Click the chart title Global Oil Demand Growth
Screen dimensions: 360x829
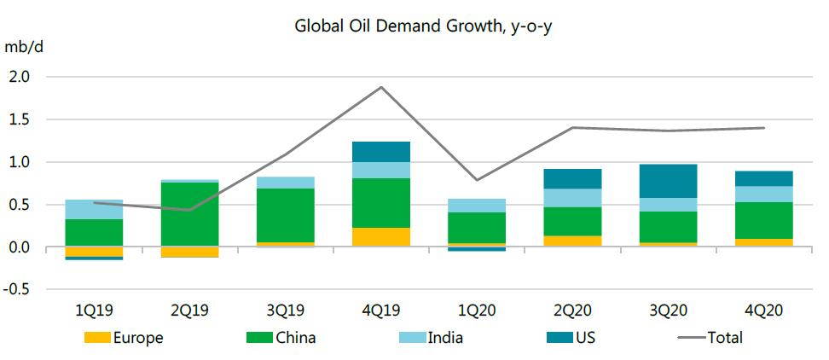(425, 26)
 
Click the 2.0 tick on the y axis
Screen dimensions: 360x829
(20, 77)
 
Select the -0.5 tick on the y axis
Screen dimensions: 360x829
(18, 290)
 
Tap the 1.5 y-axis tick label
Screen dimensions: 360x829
(20, 119)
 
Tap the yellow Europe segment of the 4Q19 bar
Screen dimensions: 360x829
(380, 237)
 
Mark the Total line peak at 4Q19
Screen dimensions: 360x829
(380, 87)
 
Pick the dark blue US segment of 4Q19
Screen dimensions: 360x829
(380, 152)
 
